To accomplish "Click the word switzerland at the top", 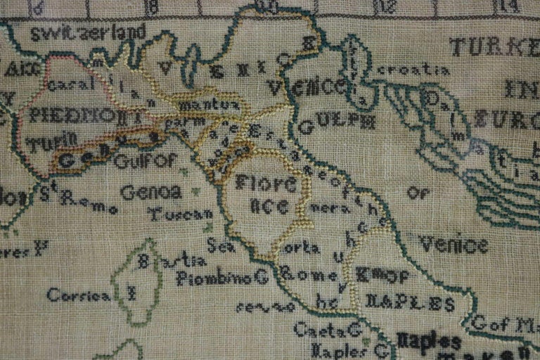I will [x=88, y=32].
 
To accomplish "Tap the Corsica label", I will [x=79, y=295].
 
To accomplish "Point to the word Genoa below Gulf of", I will [x=151, y=191].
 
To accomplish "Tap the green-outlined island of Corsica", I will [x=141, y=281].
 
